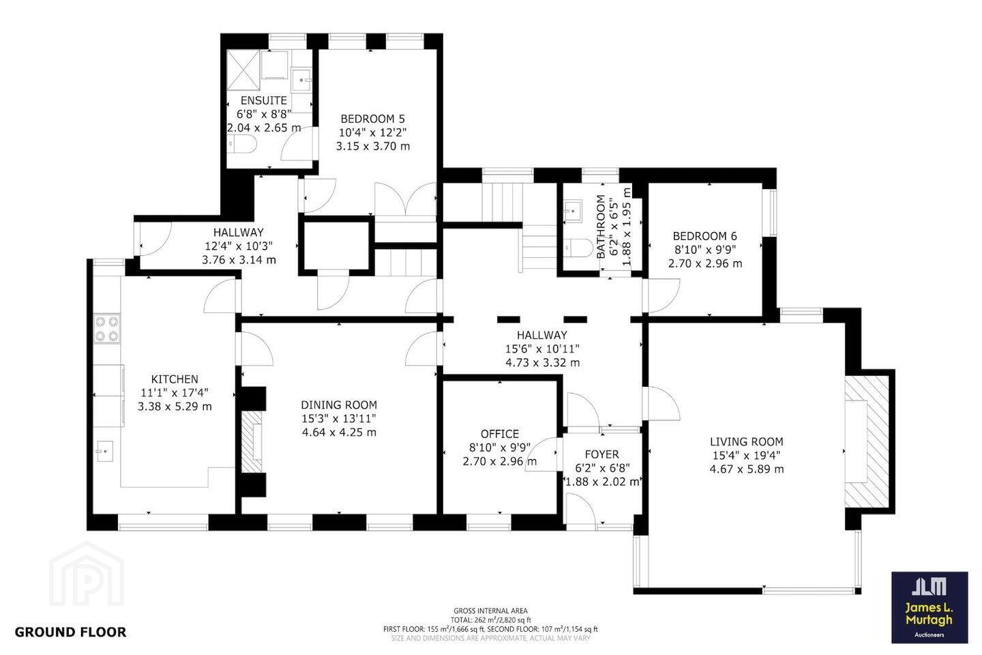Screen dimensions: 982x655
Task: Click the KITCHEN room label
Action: pyautogui.click(x=175, y=379)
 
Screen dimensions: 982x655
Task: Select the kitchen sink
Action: pyautogui.click(x=105, y=452)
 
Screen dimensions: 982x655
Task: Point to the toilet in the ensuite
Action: pyautogui.click(x=243, y=144)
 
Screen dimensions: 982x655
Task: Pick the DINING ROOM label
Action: pyautogui.click(x=339, y=405)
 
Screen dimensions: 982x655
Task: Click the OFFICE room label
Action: pyautogui.click(x=500, y=434)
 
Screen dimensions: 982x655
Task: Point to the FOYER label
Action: pyautogui.click(x=602, y=454)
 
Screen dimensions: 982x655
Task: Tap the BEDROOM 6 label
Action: pyautogui.click(x=705, y=236)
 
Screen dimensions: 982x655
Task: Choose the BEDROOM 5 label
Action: pyautogui.click(x=372, y=119)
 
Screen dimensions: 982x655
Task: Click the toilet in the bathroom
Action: pyautogui.click(x=579, y=248)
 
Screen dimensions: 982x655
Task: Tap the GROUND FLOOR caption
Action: pyautogui.click(x=71, y=632)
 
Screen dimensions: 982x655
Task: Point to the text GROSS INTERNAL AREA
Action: pyautogui.click(x=490, y=611)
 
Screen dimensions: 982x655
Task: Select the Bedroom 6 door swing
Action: pyautogui.click(x=663, y=296)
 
